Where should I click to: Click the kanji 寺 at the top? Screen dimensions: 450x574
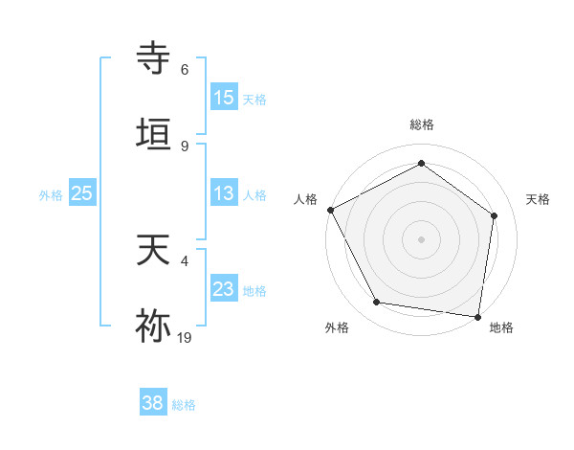pyautogui.click(x=153, y=58)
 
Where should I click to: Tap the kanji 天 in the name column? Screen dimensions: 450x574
pyautogui.click(x=153, y=251)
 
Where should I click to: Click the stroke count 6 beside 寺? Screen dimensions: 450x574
pyautogui.click(x=185, y=70)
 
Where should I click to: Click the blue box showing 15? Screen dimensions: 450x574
pyautogui.click(x=224, y=98)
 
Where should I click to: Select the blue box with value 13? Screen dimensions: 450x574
pyautogui.click(x=224, y=193)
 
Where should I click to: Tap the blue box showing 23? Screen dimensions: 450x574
pyautogui.click(x=224, y=289)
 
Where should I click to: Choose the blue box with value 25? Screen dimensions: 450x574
pyautogui.click(x=82, y=193)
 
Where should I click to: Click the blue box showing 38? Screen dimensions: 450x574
pyautogui.click(x=152, y=403)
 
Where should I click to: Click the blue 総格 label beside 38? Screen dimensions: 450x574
pyautogui.click(x=184, y=405)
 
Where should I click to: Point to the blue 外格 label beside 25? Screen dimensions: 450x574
pyautogui.click(x=51, y=194)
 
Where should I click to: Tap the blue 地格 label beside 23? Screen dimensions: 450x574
pyautogui.click(x=254, y=290)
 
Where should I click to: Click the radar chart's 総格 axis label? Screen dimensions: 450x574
pyautogui.click(x=421, y=124)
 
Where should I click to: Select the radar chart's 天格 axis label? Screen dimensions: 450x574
pyautogui.click(x=539, y=199)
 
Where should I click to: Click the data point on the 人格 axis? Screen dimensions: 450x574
pyautogui.click(x=330, y=209)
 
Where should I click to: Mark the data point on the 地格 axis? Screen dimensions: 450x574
pyautogui.click(x=478, y=316)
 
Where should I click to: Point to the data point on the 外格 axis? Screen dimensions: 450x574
pyautogui.click(x=377, y=303)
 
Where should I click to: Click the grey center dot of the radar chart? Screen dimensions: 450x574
pyautogui.click(x=421, y=238)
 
